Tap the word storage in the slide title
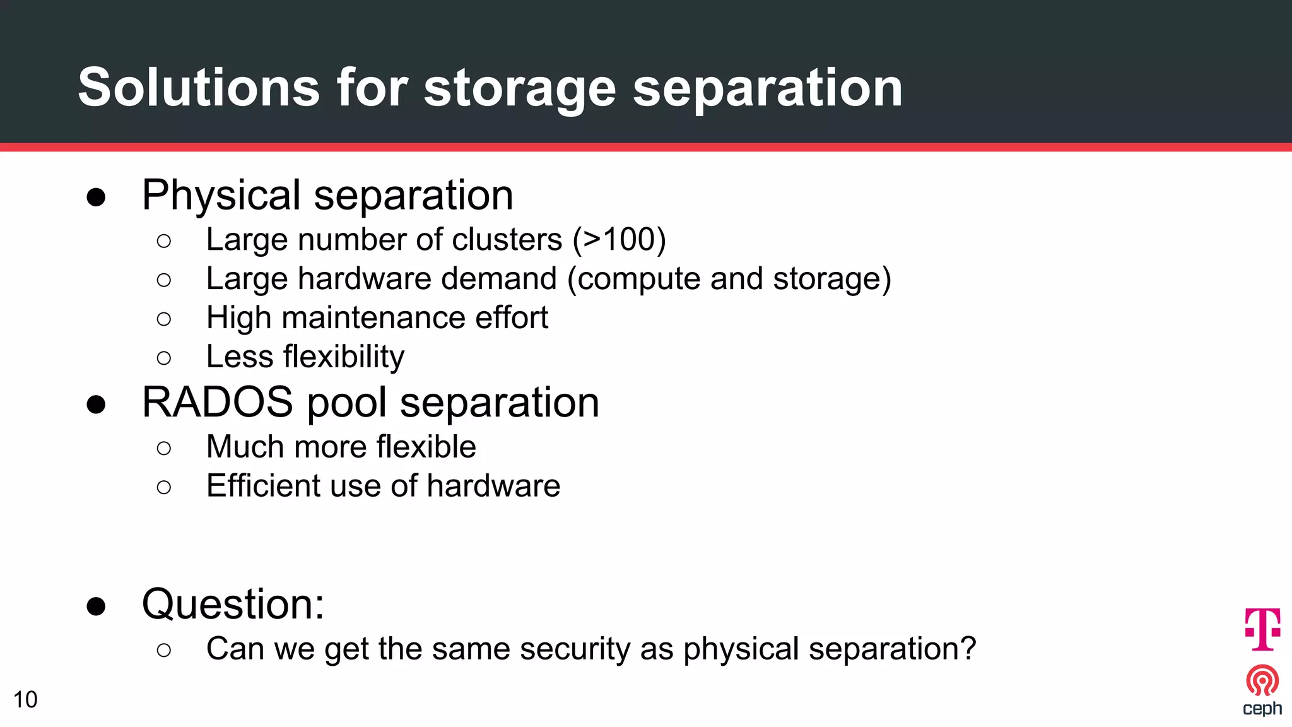pos(519,88)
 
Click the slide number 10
pos(25,700)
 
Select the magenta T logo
pos(1262,629)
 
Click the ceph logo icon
pos(1262,681)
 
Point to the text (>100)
pos(619,240)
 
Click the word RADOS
pos(218,402)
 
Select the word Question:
pos(233,604)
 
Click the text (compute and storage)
pos(729,279)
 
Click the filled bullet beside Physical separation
pos(97,198)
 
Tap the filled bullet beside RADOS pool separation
pos(97,405)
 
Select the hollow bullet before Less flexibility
pos(164,358)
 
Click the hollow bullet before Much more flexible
pos(164,448)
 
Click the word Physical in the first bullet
pos(221,195)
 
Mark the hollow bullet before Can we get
pos(164,650)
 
